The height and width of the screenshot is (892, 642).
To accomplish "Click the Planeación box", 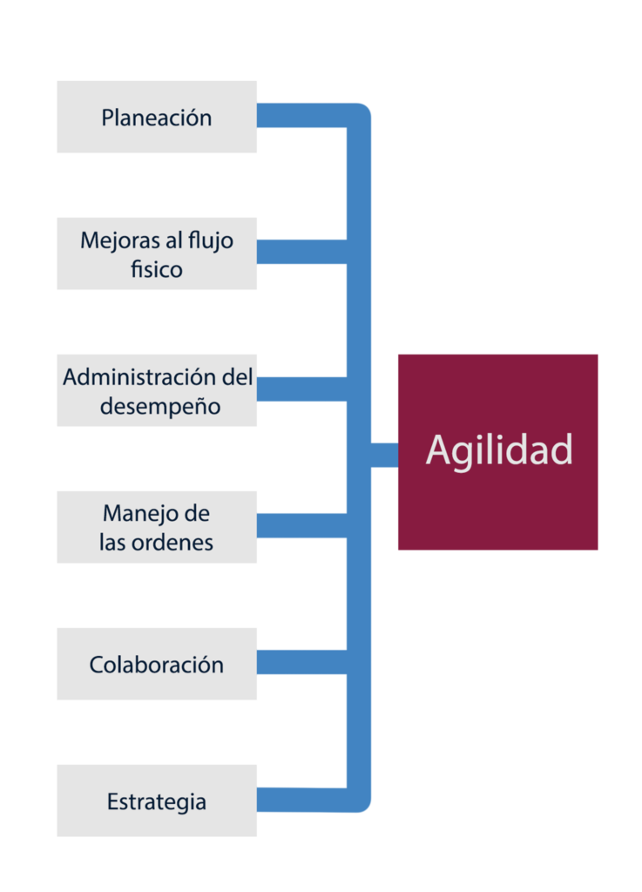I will point(157,118).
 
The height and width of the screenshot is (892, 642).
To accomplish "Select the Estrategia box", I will point(157,801).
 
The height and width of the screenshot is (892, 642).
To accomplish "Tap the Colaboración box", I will point(157,664).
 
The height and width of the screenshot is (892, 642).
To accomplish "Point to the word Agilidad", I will point(499,450).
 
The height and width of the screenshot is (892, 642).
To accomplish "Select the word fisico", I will point(157,269).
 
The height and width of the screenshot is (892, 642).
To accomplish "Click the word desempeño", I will point(159,406).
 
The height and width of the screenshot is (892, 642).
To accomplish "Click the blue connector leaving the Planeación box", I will point(301,116).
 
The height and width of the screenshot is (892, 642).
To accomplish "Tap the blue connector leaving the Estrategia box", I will point(301,800).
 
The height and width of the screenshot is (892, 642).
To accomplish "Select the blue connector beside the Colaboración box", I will point(301,663).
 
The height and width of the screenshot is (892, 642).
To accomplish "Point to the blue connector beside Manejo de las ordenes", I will point(301,526).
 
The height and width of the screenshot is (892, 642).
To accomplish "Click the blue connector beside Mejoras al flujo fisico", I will point(301,252).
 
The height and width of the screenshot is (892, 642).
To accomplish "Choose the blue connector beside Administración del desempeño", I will point(301,389).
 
